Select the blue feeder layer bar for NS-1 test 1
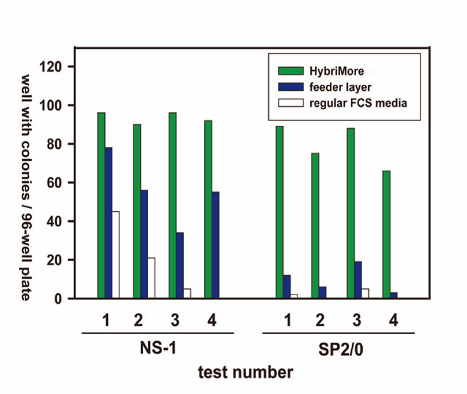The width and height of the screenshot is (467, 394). (109, 223)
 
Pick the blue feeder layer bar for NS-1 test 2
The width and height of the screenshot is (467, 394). (144, 244)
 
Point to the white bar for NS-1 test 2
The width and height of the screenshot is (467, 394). (151, 278)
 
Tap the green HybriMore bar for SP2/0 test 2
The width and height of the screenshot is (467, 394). (315, 226)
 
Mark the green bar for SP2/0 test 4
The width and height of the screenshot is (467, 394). (386, 234)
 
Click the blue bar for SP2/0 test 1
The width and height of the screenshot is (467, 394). (286, 287)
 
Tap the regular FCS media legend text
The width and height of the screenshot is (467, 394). (358, 102)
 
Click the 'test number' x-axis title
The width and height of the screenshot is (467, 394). (245, 371)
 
